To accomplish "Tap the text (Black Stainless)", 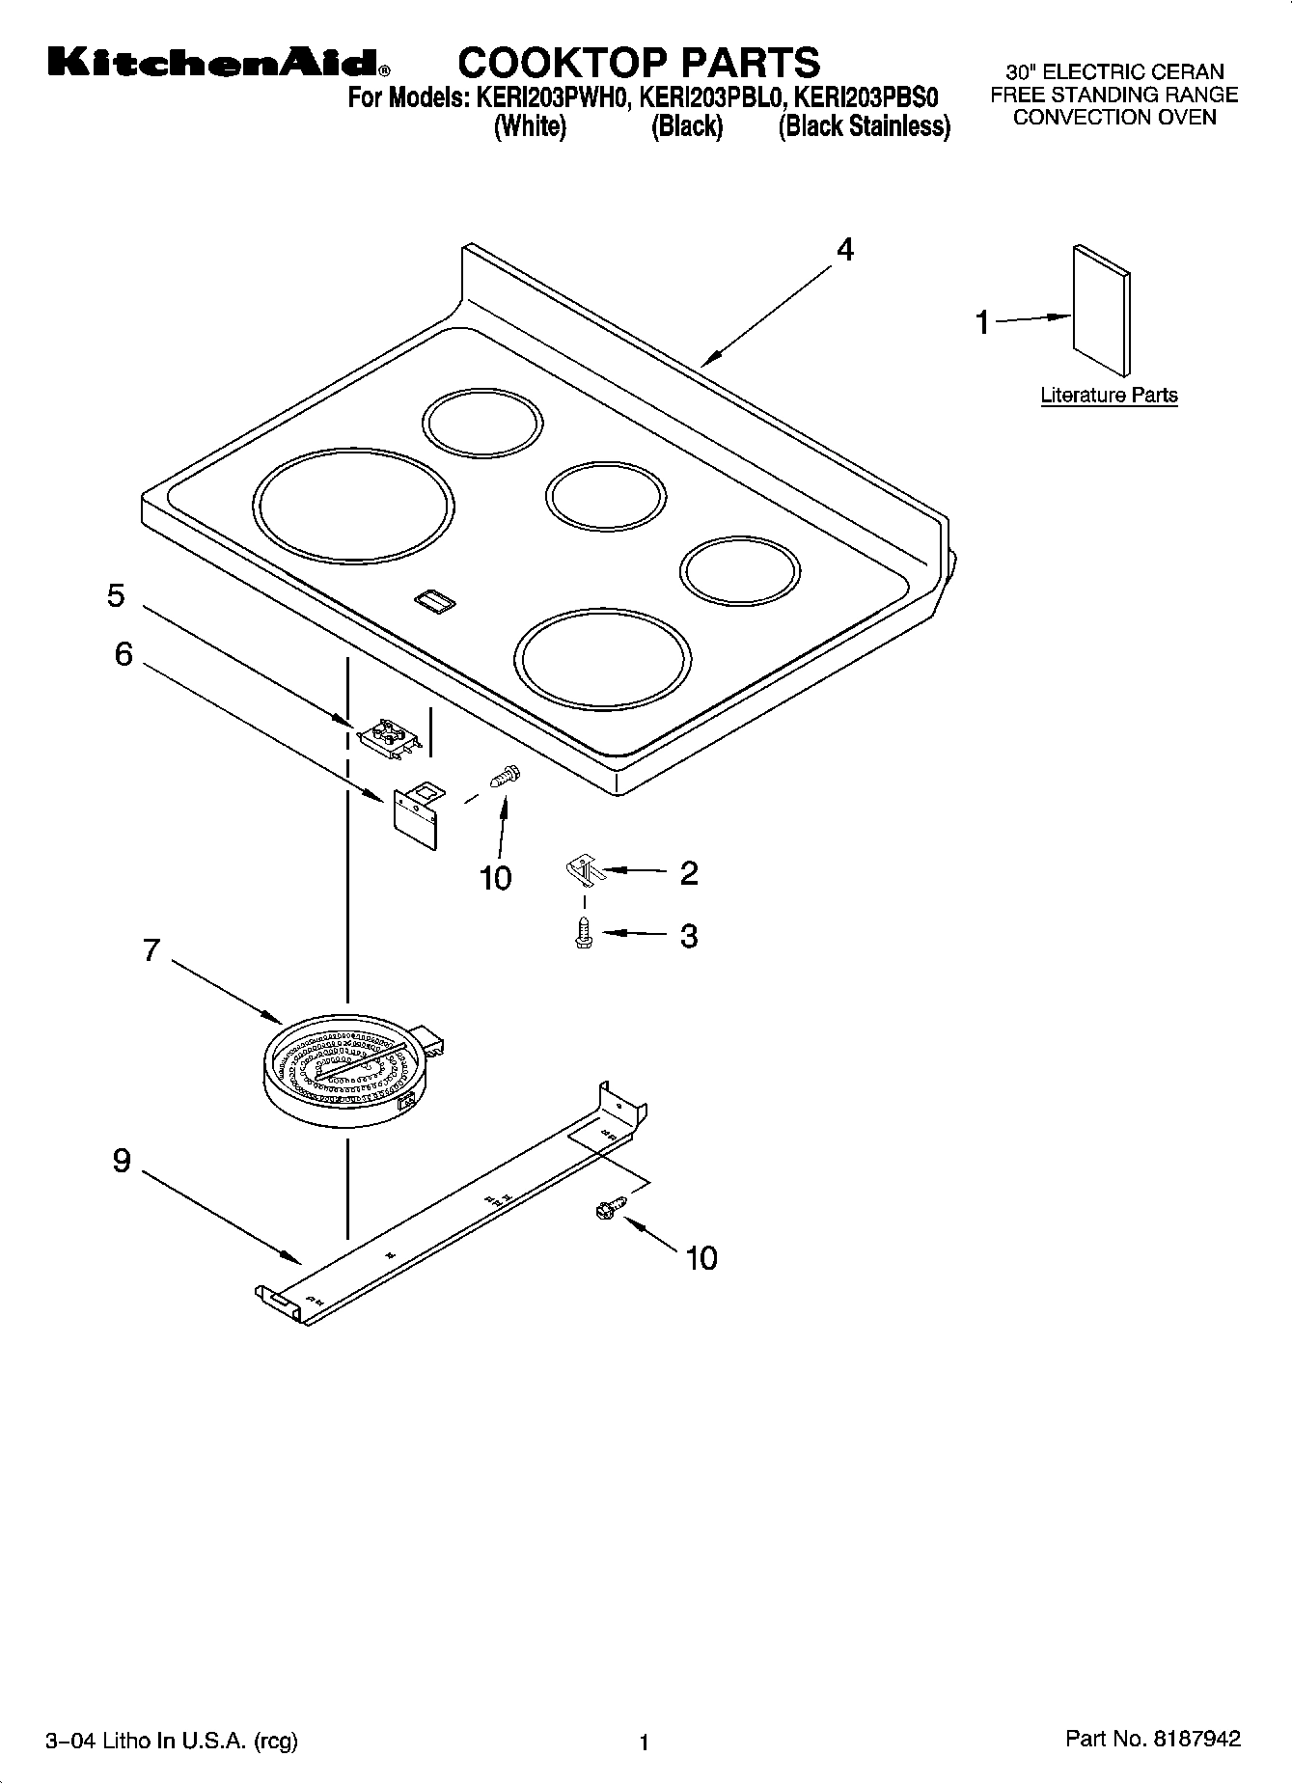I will pos(864,126).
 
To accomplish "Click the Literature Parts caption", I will pos(1109,395).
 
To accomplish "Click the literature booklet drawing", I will pos(1100,309).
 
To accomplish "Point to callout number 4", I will pos(844,250).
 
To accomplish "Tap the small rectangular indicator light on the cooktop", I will pos(434,602).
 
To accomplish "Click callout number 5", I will pos(116,595).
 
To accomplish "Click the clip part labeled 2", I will pos(583,871).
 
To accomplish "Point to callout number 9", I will pos(121,1160).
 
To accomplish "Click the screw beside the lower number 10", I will pos(611,1207).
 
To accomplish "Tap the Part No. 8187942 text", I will pos(1152,1739).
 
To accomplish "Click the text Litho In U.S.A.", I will pos(170,1741).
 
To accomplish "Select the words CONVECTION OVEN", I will pos(1113,118).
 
